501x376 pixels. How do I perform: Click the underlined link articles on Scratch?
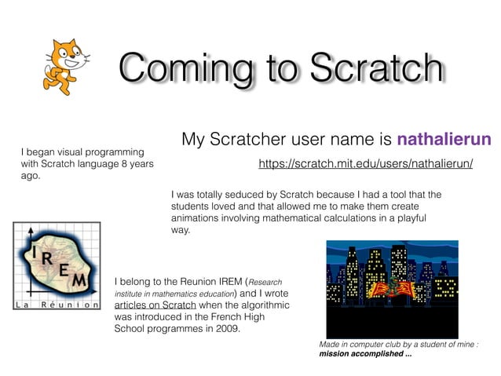[155, 305]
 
